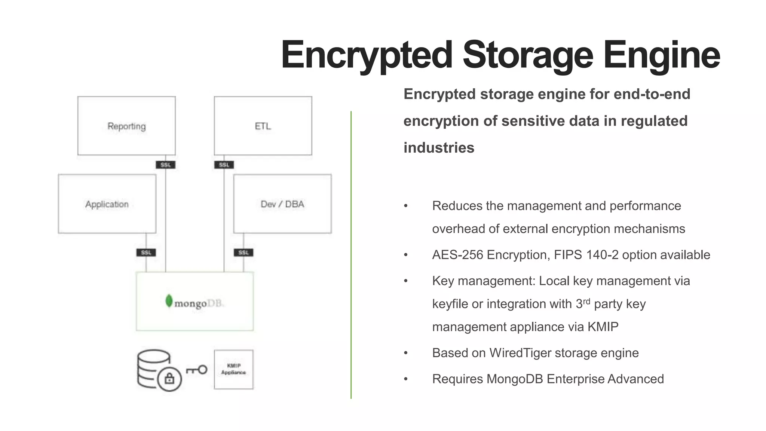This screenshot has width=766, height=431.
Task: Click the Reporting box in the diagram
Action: point(126,126)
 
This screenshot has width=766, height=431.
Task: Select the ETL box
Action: point(263,126)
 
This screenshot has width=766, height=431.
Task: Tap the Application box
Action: point(107,204)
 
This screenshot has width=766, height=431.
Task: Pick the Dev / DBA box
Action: point(282,204)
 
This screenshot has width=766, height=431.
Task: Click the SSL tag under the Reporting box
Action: point(165,165)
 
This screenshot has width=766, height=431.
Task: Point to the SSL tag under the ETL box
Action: point(224,165)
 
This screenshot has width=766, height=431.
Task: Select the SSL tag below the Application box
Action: point(146,253)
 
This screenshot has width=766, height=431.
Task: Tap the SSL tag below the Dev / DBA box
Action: point(243,253)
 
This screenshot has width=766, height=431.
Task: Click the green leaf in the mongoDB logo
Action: point(169,301)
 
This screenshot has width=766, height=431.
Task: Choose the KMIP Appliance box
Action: point(234,369)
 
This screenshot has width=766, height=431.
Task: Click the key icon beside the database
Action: point(197,370)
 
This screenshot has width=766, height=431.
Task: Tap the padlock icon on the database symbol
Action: point(169,379)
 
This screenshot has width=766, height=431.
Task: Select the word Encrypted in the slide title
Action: point(367,55)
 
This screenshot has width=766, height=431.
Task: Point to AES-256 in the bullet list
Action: point(458,255)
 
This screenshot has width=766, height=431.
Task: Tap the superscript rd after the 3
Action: point(586,301)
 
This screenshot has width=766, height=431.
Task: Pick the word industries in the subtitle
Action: point(439,148)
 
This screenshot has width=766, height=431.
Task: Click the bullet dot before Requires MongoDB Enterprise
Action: point(406,379)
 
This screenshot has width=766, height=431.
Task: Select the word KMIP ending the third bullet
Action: point(603,327)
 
